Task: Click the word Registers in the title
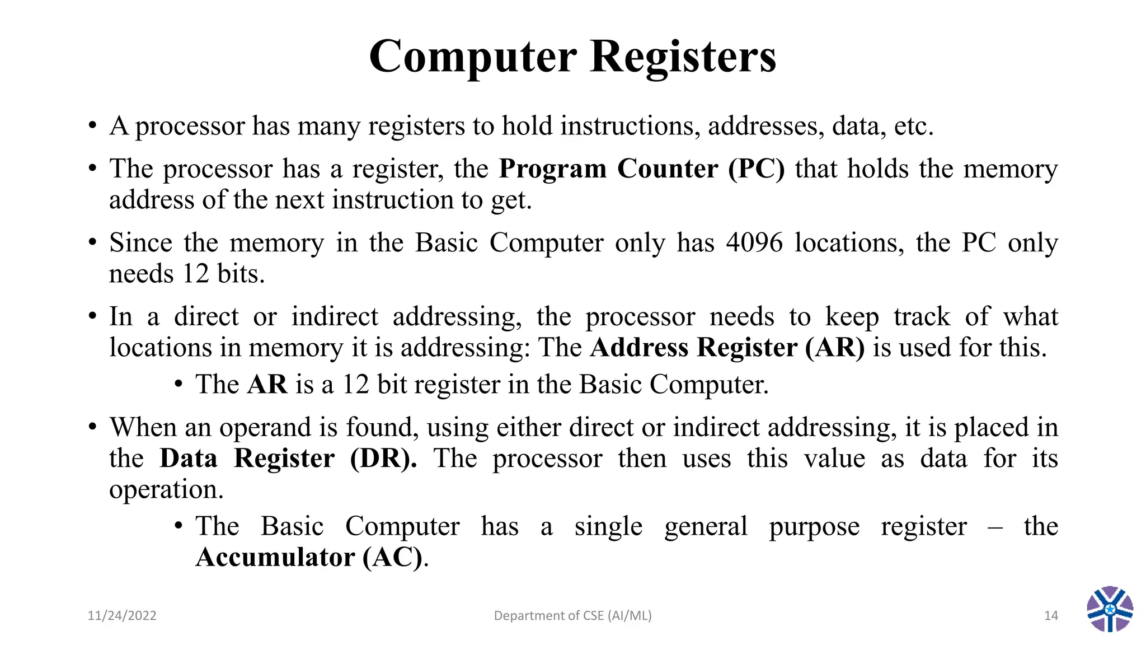(683, 57)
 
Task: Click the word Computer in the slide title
(473, 57)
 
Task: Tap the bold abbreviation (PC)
(757, 169)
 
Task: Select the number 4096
(754, 243)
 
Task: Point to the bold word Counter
(668, 169)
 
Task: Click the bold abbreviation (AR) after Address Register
(834, 348)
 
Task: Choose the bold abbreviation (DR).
(383, 459)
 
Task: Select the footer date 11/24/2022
(122, 616)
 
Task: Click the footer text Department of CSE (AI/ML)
(572, 616)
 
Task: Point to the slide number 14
(1051, 616)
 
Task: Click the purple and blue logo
(1110, 609)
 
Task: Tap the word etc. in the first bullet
(914, 126)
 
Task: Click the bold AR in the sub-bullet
(267, 385)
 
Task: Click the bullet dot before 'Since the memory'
(92, 243)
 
